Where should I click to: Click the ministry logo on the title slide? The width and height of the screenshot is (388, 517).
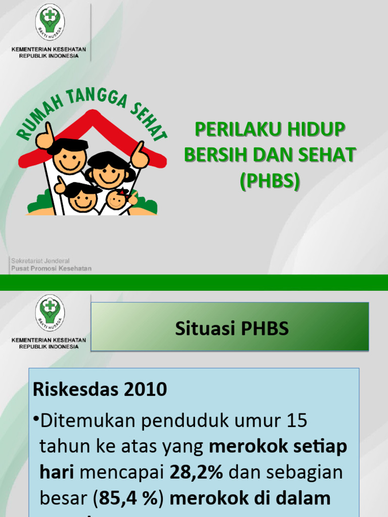click(49, 23)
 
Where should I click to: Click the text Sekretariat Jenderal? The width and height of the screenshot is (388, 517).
click(40, 261)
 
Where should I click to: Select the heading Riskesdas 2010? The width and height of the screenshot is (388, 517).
click(100, 389)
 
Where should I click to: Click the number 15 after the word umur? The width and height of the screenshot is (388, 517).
click(296, 421)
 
